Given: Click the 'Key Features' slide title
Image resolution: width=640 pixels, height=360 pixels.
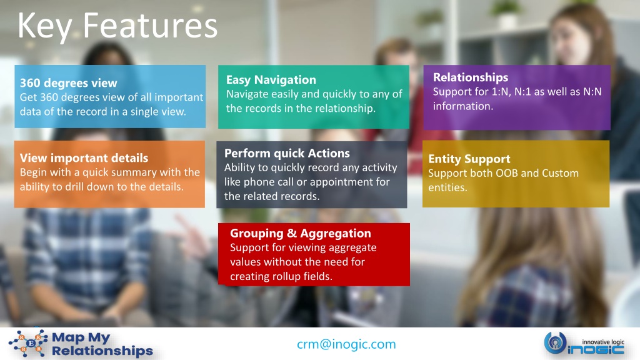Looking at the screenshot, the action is [117, 26].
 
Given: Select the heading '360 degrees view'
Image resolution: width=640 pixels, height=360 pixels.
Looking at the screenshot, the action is [69, 83].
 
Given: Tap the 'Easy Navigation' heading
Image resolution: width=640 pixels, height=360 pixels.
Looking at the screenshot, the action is [271, 79].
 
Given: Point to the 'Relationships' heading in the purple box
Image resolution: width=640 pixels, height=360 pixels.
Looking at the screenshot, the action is [471, 77].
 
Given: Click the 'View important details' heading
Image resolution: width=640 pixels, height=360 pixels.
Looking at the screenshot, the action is [84, 158].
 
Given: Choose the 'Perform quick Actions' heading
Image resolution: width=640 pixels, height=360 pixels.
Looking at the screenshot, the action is [287, 153].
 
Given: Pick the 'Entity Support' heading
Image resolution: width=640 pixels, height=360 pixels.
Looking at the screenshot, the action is [469, 159].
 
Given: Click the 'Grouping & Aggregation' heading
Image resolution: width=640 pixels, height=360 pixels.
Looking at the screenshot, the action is [301, 233].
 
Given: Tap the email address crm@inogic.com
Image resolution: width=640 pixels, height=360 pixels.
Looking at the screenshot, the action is [346, 344].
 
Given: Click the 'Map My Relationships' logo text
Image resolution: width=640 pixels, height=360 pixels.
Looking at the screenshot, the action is [102, 344].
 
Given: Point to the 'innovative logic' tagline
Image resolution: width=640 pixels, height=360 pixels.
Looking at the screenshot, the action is [603, 342].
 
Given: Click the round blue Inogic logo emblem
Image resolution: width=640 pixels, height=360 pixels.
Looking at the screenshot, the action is [555, 343].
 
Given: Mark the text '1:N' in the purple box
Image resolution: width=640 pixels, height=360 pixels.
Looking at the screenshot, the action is [501, 92].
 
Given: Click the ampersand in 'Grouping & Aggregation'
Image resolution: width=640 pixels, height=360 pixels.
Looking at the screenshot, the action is [292, 233].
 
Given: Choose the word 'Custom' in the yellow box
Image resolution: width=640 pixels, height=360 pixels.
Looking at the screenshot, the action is [560, 173].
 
